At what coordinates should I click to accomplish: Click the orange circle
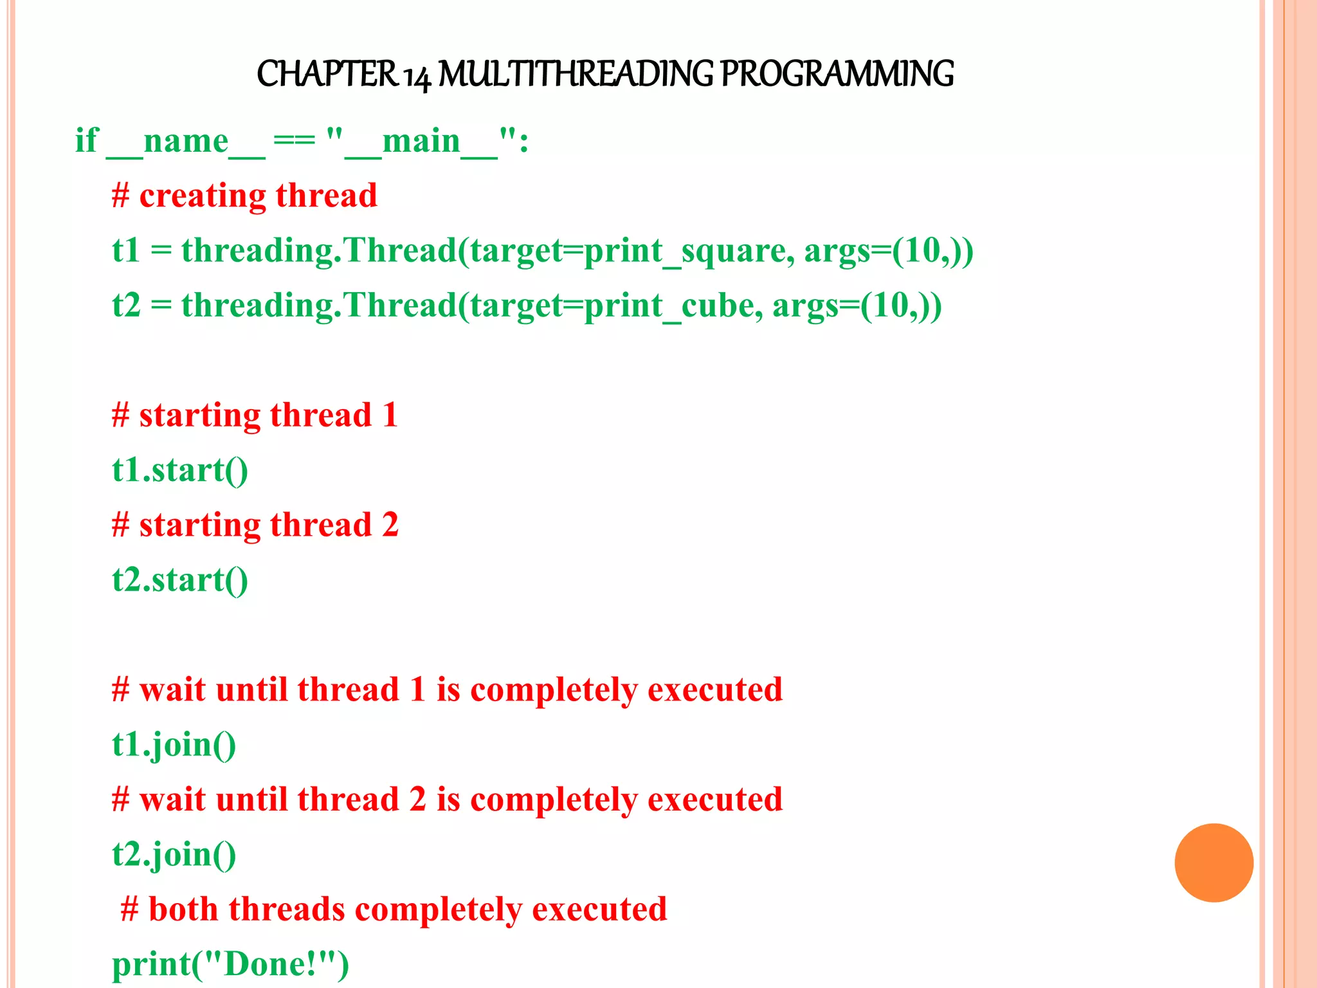point(1213,863)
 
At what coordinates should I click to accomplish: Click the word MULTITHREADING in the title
point(576,74)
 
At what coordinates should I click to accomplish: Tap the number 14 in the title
point(417,76)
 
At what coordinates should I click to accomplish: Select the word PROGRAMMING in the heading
point(837,74)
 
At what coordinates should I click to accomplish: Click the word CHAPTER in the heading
point(327,74)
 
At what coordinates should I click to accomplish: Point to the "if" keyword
point(86,140)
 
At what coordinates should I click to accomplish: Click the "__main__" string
point(421,142)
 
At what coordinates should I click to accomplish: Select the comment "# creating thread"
point(244,196)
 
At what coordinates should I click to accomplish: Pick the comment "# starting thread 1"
point(255,415)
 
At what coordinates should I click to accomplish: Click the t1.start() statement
point(180,470)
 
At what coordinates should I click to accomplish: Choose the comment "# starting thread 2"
point(255,525)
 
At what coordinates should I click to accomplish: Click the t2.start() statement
point(180,580)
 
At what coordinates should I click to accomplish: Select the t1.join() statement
point(174,745)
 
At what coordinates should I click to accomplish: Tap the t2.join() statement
point(174,855)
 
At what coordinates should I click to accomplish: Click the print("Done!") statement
point(230,964)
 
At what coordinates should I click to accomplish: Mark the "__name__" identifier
point(186,142)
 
